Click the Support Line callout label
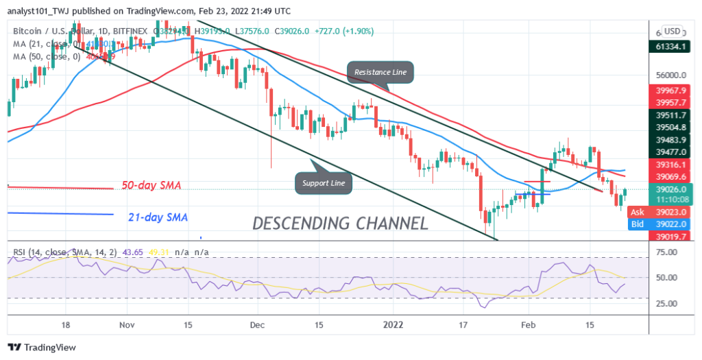(x=324, y=182)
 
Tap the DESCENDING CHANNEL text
(x=341, y=223)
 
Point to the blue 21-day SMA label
(x=158, y=217)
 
